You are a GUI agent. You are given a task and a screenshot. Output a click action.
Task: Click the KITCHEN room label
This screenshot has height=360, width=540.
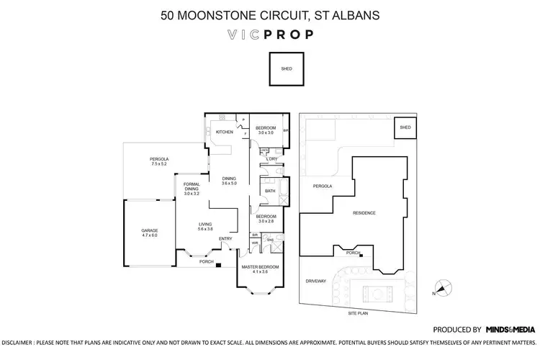pos(222,132)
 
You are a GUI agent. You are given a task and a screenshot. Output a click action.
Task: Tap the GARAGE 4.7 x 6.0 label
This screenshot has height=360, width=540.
pos(149,233)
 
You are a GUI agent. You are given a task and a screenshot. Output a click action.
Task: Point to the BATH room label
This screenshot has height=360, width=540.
pos(269,191)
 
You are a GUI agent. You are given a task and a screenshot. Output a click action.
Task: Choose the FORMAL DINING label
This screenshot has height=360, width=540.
pos(191,189)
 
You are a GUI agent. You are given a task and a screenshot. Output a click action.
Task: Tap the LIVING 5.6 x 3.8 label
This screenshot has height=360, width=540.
pos(206,227)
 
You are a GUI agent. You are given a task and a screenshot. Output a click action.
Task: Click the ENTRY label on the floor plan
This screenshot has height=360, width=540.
pos(225,239)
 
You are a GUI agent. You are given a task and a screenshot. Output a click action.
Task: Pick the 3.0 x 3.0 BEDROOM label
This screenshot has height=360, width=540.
pos(266,130)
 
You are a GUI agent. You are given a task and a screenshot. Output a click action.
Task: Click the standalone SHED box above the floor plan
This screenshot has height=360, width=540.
pos(286,70)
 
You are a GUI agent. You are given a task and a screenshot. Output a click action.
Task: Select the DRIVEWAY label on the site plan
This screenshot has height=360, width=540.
pos(317,281)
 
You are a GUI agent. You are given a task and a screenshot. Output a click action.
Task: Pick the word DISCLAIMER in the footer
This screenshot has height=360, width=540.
pos(22,343)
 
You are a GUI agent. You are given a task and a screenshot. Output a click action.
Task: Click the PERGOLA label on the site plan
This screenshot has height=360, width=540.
pos(321,186)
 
